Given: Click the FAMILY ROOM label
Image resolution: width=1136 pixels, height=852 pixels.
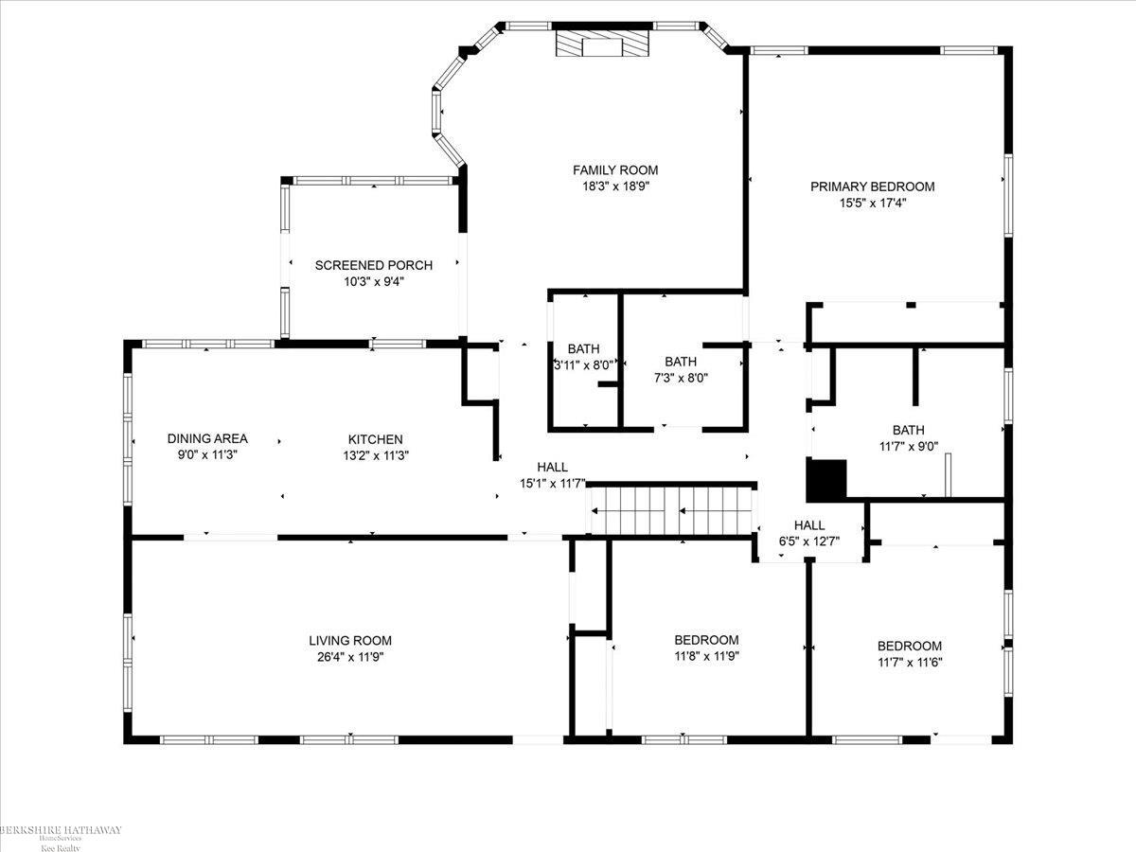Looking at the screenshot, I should click(x=614, y=170).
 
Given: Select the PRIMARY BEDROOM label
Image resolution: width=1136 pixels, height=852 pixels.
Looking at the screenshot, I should click(x=872, y=186).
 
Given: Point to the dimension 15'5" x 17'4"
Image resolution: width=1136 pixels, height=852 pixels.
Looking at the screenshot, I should click(x=872, y=202).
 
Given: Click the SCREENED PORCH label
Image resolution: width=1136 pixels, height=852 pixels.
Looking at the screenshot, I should click(x=373, y=265).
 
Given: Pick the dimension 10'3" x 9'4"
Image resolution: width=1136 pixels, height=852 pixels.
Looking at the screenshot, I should click(x=373, y=281).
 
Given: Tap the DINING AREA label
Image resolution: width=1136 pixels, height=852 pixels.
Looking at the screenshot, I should click(x=207, y=438).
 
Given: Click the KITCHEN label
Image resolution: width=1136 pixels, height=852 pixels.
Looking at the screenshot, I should click(x=375, y=439).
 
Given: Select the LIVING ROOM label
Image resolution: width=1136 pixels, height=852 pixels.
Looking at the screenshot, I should click(x=349, y=640).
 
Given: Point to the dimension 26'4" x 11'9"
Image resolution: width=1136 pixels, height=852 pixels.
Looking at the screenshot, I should click(x=349, y=656).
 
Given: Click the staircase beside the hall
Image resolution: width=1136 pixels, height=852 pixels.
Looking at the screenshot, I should click(x=672, y=511).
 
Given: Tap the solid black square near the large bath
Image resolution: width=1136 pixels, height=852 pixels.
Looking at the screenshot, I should click(x=825, y=480).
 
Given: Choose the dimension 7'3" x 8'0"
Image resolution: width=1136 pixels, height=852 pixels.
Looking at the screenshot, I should click(x=680, y=378).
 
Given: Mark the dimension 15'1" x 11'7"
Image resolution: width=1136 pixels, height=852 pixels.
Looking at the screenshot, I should click(x=552, y=483).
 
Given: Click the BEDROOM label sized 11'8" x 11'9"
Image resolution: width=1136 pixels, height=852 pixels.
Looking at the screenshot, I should click(x=706, y=640).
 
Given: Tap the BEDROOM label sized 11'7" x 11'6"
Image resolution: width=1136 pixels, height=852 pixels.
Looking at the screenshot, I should click(x=909, y=646).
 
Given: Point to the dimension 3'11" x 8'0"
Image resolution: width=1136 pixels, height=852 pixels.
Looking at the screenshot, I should click(x=584, y=364).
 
